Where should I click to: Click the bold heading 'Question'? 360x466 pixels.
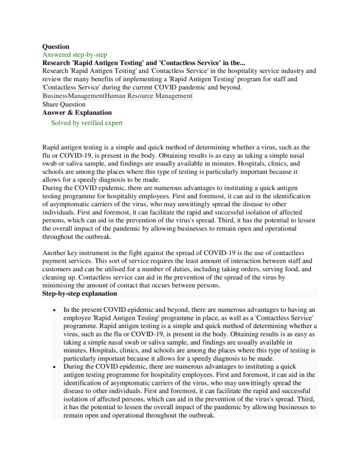(x=56, y=46)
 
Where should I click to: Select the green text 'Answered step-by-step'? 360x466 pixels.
(x=75, y=54)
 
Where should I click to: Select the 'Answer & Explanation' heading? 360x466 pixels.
(x=77, y=112)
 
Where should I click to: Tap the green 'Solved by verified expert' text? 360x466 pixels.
(x=87, y=123)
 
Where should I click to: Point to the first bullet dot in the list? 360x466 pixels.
(x=54, y=311)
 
